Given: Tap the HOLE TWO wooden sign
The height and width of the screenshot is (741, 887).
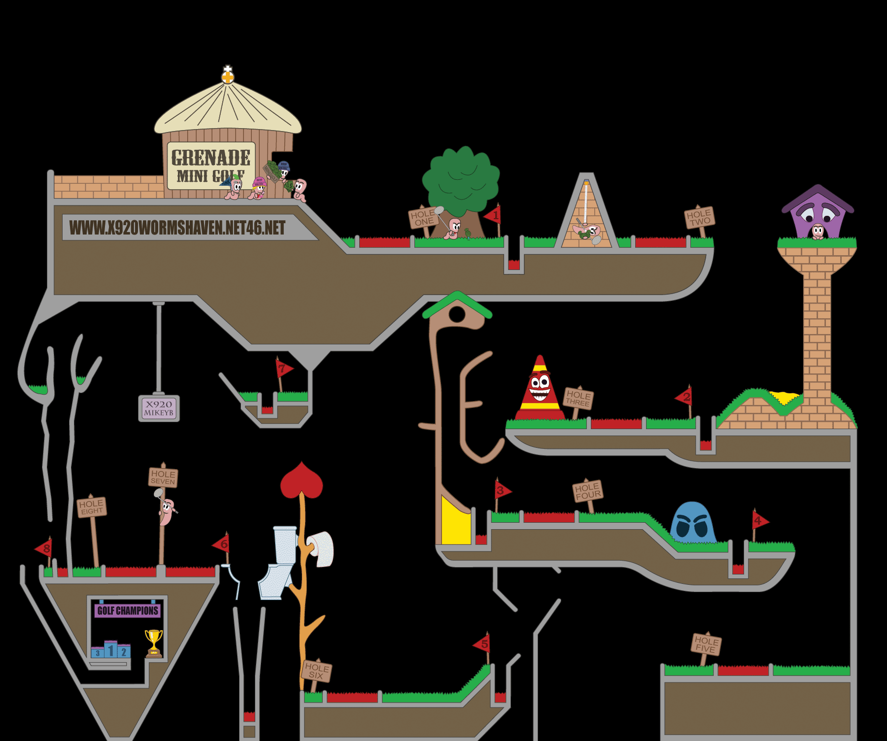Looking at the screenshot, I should click(699, 217).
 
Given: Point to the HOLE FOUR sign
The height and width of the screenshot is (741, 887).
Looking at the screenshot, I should click(587, 491).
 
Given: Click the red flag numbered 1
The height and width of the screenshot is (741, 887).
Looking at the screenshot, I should click(494, 215).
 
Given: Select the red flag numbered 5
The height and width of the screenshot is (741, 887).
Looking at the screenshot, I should click(482, 644).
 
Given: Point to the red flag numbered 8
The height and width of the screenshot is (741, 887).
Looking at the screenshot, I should click(44, 548).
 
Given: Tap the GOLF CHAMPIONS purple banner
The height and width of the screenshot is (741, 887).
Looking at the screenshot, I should click(128, 611).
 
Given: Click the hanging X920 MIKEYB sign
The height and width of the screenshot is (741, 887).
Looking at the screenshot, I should click(159, 408).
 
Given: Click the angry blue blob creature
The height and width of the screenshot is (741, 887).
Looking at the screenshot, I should click(693, 523).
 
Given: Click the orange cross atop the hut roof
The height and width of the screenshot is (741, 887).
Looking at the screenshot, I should click(227, 77).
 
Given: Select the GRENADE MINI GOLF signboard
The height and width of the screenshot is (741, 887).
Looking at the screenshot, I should click(211, 166).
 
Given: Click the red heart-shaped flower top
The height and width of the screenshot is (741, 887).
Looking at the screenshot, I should click(302, 480).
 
